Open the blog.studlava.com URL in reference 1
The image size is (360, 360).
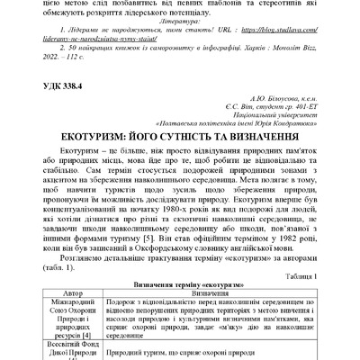coord(243,40)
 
